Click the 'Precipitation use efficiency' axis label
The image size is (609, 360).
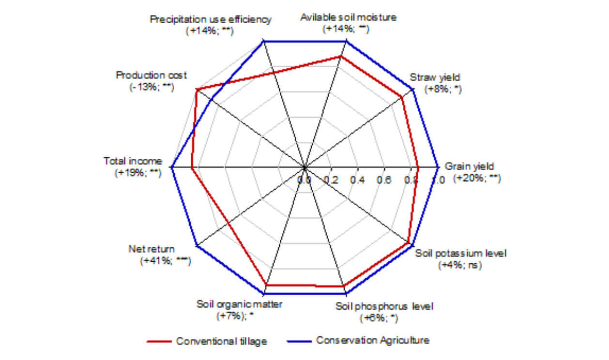[x=210, y=19]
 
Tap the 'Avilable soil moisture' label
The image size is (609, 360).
[x=349, y=18]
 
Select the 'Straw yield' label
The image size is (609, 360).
[x=435, y=77]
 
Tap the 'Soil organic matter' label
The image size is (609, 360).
[x=239, y=304]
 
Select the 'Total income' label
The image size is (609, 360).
[x=133, y=162]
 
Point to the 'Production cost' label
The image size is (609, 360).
[x=152, y=75]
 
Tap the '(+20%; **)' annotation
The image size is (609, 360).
[x=477, y=178]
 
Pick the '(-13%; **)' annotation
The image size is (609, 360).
[x=152, y=87]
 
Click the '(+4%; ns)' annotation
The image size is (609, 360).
[x=460, y=265]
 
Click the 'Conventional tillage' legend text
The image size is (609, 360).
[x=222, y=342]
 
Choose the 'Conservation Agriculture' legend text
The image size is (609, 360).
[x=373, y=340]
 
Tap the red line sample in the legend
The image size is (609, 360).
[x=159, y=342]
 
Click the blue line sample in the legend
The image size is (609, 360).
[x=299, y=341]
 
